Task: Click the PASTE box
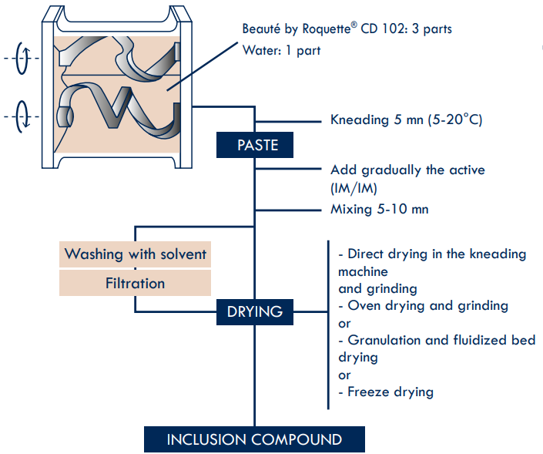pyautogui.click(x=255, y=145)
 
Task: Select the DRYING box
pyautogui.click(x=255, y=312)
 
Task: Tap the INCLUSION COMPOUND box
pyautogui.click(x=254, y=439)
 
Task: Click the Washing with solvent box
pyautogui.click(x=135, y=254)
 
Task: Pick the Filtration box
pyautogui.click(x=135, y=283)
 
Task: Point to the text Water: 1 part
pyautogui.click(x=282, y=51)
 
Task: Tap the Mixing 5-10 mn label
pyautogui.click(x=380, y=209)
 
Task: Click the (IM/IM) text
pyautogui.click(x=354, y=188)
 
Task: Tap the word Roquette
pyautogui.click(x=327, y=29)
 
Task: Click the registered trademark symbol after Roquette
pyautogui.click(x=354, y=25)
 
